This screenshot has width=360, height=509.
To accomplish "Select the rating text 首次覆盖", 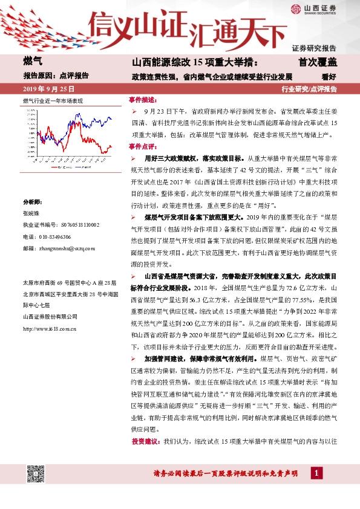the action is point(316,62).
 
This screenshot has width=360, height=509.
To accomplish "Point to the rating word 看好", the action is point(329,76).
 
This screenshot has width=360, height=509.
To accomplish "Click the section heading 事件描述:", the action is point(143,99).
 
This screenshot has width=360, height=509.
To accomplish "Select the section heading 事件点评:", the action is point(143,146).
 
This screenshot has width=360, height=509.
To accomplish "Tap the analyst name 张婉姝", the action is point(31,213).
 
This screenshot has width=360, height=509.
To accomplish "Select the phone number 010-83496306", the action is point(54,236).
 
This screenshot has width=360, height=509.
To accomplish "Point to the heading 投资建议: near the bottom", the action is point(146,442).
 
